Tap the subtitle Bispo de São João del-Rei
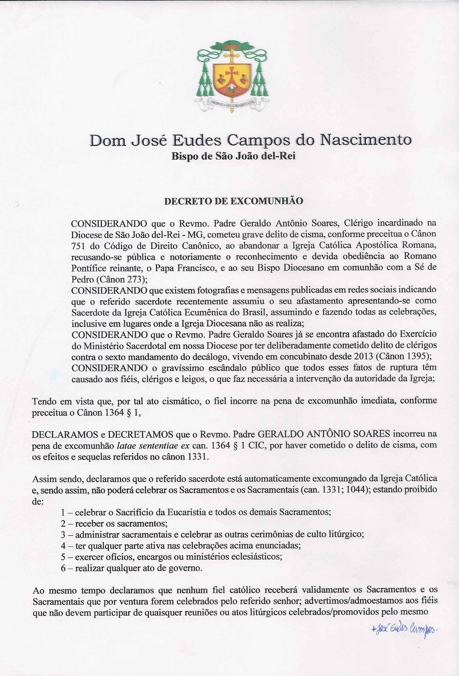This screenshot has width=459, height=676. [233, 156]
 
